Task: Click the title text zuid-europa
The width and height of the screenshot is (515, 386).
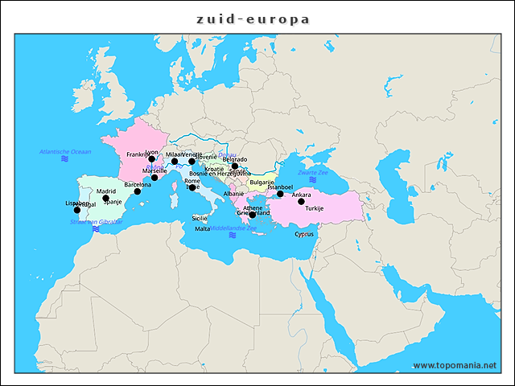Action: [253, 18]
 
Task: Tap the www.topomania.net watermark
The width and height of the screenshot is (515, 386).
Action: [455, 365]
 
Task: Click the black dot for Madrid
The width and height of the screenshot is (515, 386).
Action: [105, 198]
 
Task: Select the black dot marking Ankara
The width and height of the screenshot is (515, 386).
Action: [301, 201]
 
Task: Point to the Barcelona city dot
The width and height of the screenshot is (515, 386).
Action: [137, 191]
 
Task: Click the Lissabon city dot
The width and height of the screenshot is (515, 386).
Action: [77, 210]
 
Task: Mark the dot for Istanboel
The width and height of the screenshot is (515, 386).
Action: [280, 194]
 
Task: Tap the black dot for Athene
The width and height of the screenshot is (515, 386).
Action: [253, 215]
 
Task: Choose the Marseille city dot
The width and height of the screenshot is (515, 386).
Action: [154, 178]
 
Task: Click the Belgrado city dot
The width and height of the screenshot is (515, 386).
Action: [235, 166]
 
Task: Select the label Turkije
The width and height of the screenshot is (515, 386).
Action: [315, 208]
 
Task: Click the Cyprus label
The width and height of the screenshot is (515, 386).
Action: [304, 235]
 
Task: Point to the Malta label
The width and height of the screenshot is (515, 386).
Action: [202, 229]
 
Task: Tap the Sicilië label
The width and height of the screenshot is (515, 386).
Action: [200, 218]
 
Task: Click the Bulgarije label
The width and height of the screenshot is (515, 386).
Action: [262, 183]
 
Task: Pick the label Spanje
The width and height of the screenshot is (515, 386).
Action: [112, 202]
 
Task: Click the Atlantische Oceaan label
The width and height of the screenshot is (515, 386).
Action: [65, 151]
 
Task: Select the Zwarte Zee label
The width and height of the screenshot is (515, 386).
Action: [312, 172]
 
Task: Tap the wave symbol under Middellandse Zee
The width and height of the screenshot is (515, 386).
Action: [232, 236]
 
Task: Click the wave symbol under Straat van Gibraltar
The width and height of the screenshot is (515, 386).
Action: [95, 229]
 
